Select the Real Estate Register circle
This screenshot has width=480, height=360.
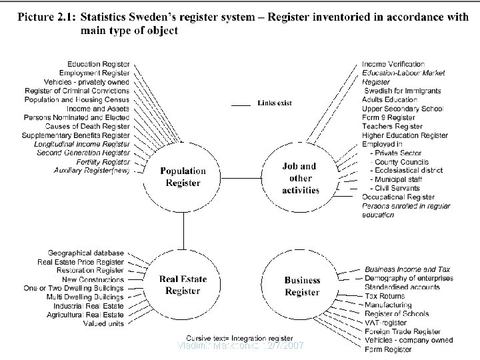pos(182,285)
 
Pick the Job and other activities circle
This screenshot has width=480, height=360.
pos(301,178)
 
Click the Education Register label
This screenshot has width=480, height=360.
pos(99,64)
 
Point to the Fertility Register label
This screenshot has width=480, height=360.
pos(104,161)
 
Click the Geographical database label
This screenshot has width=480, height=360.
pos(86,253)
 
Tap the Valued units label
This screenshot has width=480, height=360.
pos(103,323)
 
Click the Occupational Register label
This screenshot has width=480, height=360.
pos(398,197)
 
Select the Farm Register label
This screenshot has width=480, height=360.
pos(388,349)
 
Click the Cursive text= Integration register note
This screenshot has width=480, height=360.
pos(239,338)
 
